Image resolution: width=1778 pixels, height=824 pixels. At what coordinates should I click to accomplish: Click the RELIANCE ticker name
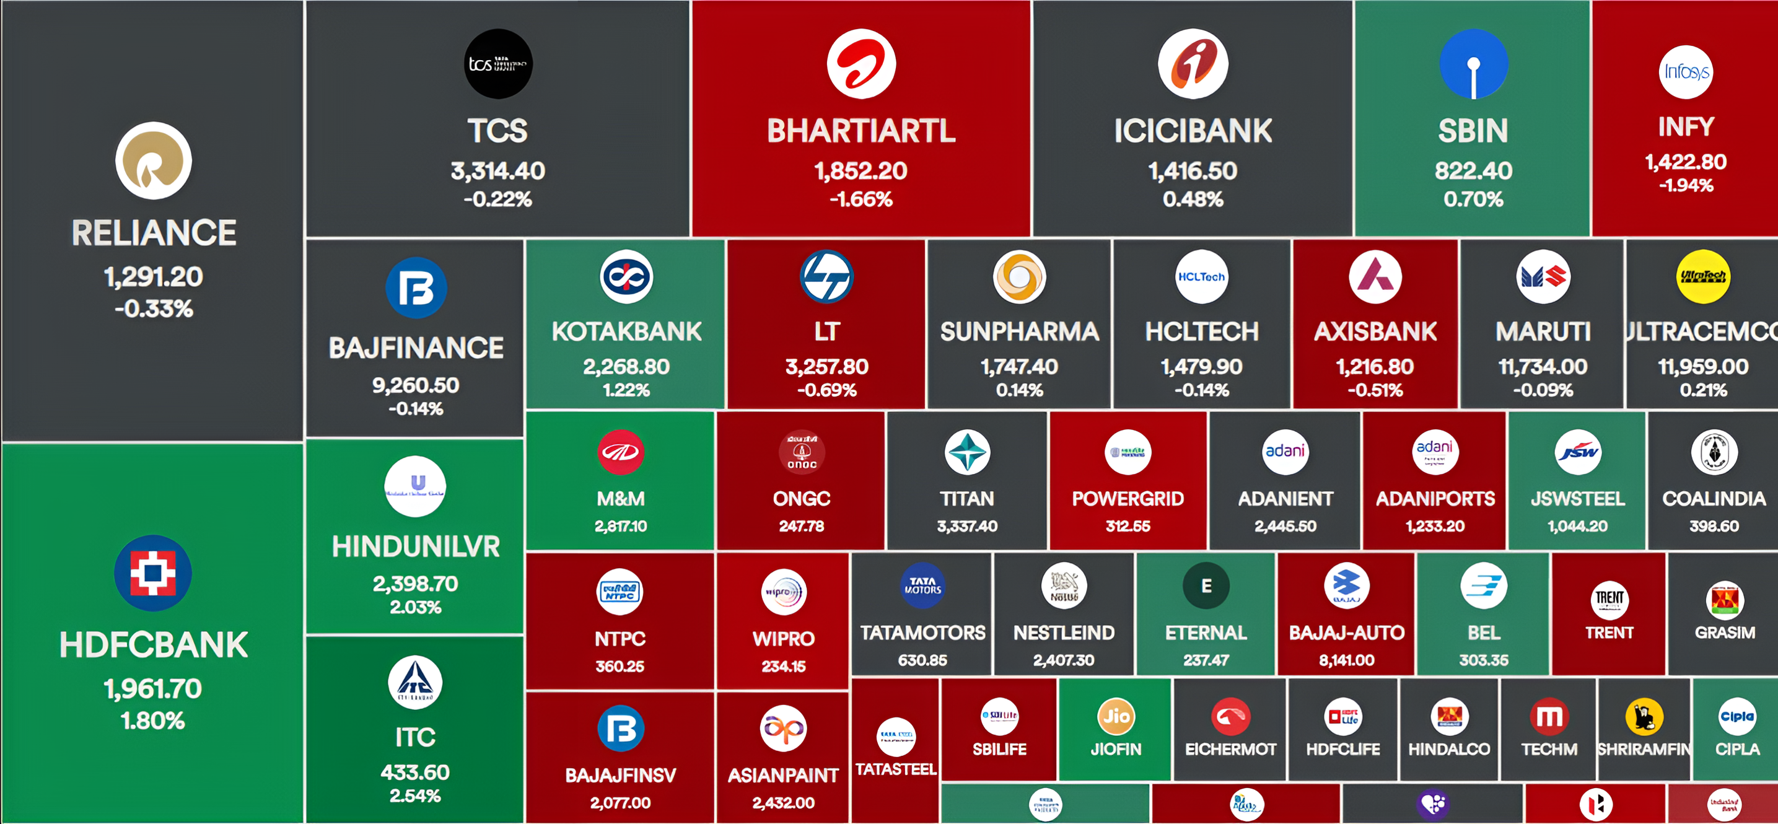pos(154,233)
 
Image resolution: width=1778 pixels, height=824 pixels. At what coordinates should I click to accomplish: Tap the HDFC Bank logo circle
pos(153,573)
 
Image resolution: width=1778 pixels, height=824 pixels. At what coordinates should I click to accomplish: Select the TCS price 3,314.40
pos(497,170)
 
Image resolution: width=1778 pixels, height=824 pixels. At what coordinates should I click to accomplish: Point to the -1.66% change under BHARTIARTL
pos(861,199)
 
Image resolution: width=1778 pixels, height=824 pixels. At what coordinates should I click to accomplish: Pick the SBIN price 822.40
pos(1473,170)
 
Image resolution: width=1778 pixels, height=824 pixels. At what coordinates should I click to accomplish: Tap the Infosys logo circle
pos(1686,72)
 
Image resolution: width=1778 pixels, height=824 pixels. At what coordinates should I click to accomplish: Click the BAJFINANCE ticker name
pos(416,348)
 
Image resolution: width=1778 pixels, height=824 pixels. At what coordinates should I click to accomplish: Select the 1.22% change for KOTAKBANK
pos(626,390)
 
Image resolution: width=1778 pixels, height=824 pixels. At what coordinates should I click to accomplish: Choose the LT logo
pos(826,277)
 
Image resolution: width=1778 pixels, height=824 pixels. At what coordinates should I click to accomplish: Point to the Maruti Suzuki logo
pos(1543,277)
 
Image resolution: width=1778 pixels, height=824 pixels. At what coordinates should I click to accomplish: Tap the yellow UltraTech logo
pos(1703,277)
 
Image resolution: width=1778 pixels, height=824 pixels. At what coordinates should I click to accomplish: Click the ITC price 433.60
pos(415,771)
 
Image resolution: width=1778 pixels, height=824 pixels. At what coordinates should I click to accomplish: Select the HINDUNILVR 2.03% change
pos(416,607)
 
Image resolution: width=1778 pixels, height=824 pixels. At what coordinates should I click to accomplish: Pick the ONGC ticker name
pos(802,498)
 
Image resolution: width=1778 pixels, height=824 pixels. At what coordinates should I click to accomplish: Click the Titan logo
pos(967,452)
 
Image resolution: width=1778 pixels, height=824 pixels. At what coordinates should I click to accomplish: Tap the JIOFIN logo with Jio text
pos(1115,716)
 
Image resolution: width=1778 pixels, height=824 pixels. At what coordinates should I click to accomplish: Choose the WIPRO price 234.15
pos(784,666)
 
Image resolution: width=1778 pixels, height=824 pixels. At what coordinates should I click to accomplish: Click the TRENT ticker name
pos(1609,633)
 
